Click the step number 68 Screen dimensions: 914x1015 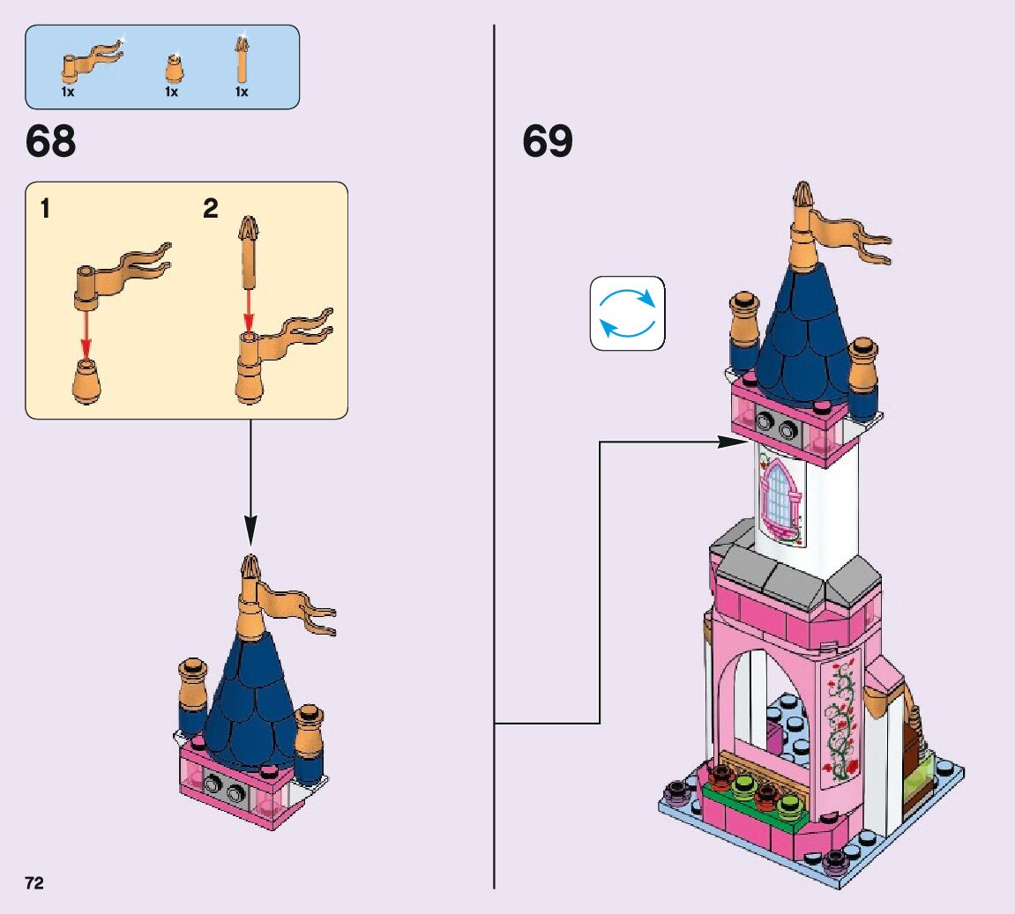51,142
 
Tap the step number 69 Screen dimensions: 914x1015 548,142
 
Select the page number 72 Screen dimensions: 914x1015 34,883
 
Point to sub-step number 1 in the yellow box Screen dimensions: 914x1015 45,210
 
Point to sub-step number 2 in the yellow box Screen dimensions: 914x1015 210,210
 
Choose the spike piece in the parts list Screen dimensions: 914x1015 241,56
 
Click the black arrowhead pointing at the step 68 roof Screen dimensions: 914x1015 250,532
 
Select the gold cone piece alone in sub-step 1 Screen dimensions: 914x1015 86,382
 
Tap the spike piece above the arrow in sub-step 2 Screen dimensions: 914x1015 249,251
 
